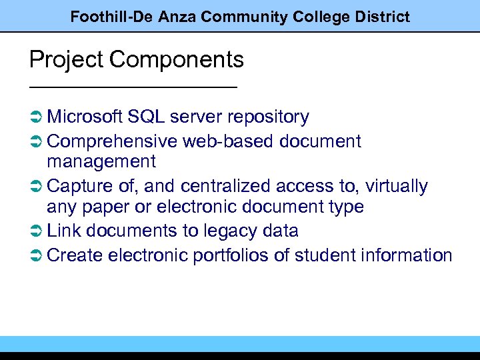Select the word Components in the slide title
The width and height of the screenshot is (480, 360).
177,60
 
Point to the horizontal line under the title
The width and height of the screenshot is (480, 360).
133,87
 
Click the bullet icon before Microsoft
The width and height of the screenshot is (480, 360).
37,117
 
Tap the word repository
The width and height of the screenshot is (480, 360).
268,117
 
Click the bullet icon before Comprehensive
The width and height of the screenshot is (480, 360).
37,142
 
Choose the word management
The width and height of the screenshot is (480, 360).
101,161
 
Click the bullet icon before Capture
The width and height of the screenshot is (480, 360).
37,187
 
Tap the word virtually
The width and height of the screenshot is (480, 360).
397,187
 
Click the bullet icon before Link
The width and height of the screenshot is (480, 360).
37,231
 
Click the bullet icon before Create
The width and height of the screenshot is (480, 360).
37,255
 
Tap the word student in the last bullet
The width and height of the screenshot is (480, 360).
325,255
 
